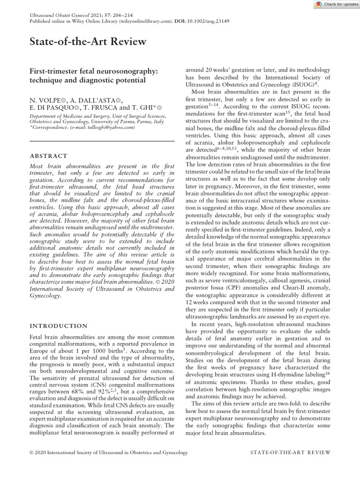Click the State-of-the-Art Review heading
[x=88, y=42]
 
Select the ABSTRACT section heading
[x=48, y=156]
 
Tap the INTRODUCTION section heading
[x=58, y=326]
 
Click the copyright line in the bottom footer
[x=109, y=452]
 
